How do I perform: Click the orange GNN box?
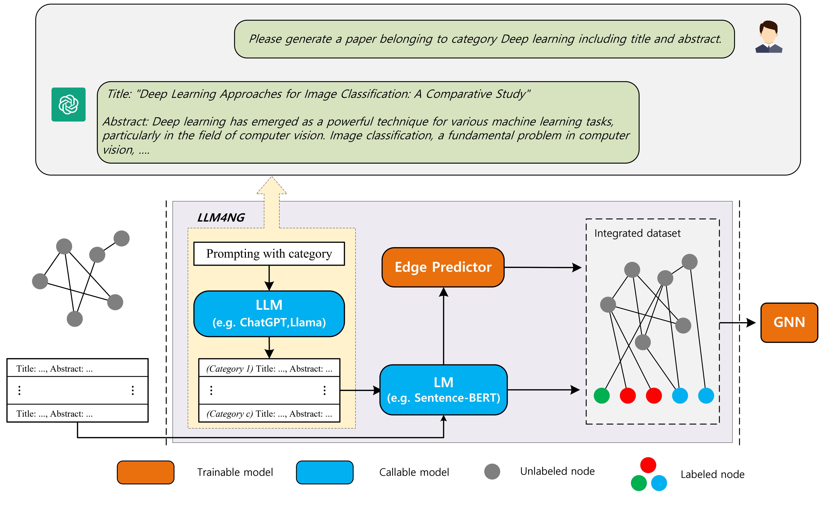(x=789, y=322)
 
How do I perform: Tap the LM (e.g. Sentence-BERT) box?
(x=443, y=390)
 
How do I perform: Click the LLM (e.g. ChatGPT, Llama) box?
(x=269, y=313)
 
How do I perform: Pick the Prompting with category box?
(x=269, y=254)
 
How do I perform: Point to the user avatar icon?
(x=769, y=37)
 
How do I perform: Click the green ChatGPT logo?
(x=68, y=104)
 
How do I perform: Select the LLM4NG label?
(x=221, y=218)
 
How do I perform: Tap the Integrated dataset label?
(x=637, y=233)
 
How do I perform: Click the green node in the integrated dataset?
(x=601, y=396)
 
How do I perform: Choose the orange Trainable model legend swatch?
(x=146, y=472)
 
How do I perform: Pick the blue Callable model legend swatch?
(x=324, y=472)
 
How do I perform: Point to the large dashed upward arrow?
(x=272, y=202)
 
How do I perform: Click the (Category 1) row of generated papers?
(x=269, y=368)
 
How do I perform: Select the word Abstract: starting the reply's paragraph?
(x=125, y=122)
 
